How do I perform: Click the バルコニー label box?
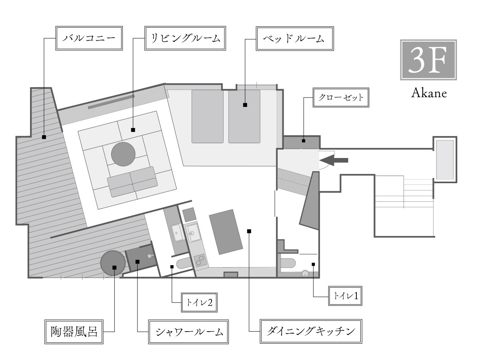[x=88, y=38]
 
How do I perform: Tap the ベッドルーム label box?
[x=294, y=38]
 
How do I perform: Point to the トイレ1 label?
[x=345, y=296]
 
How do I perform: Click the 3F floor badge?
[x=428, y=60]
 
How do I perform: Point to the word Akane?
[x=428, y=94]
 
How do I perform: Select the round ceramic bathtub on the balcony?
[x=112, y=262]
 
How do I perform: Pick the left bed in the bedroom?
[x=207, y=116]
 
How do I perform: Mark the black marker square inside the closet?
[x=304, y=140]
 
